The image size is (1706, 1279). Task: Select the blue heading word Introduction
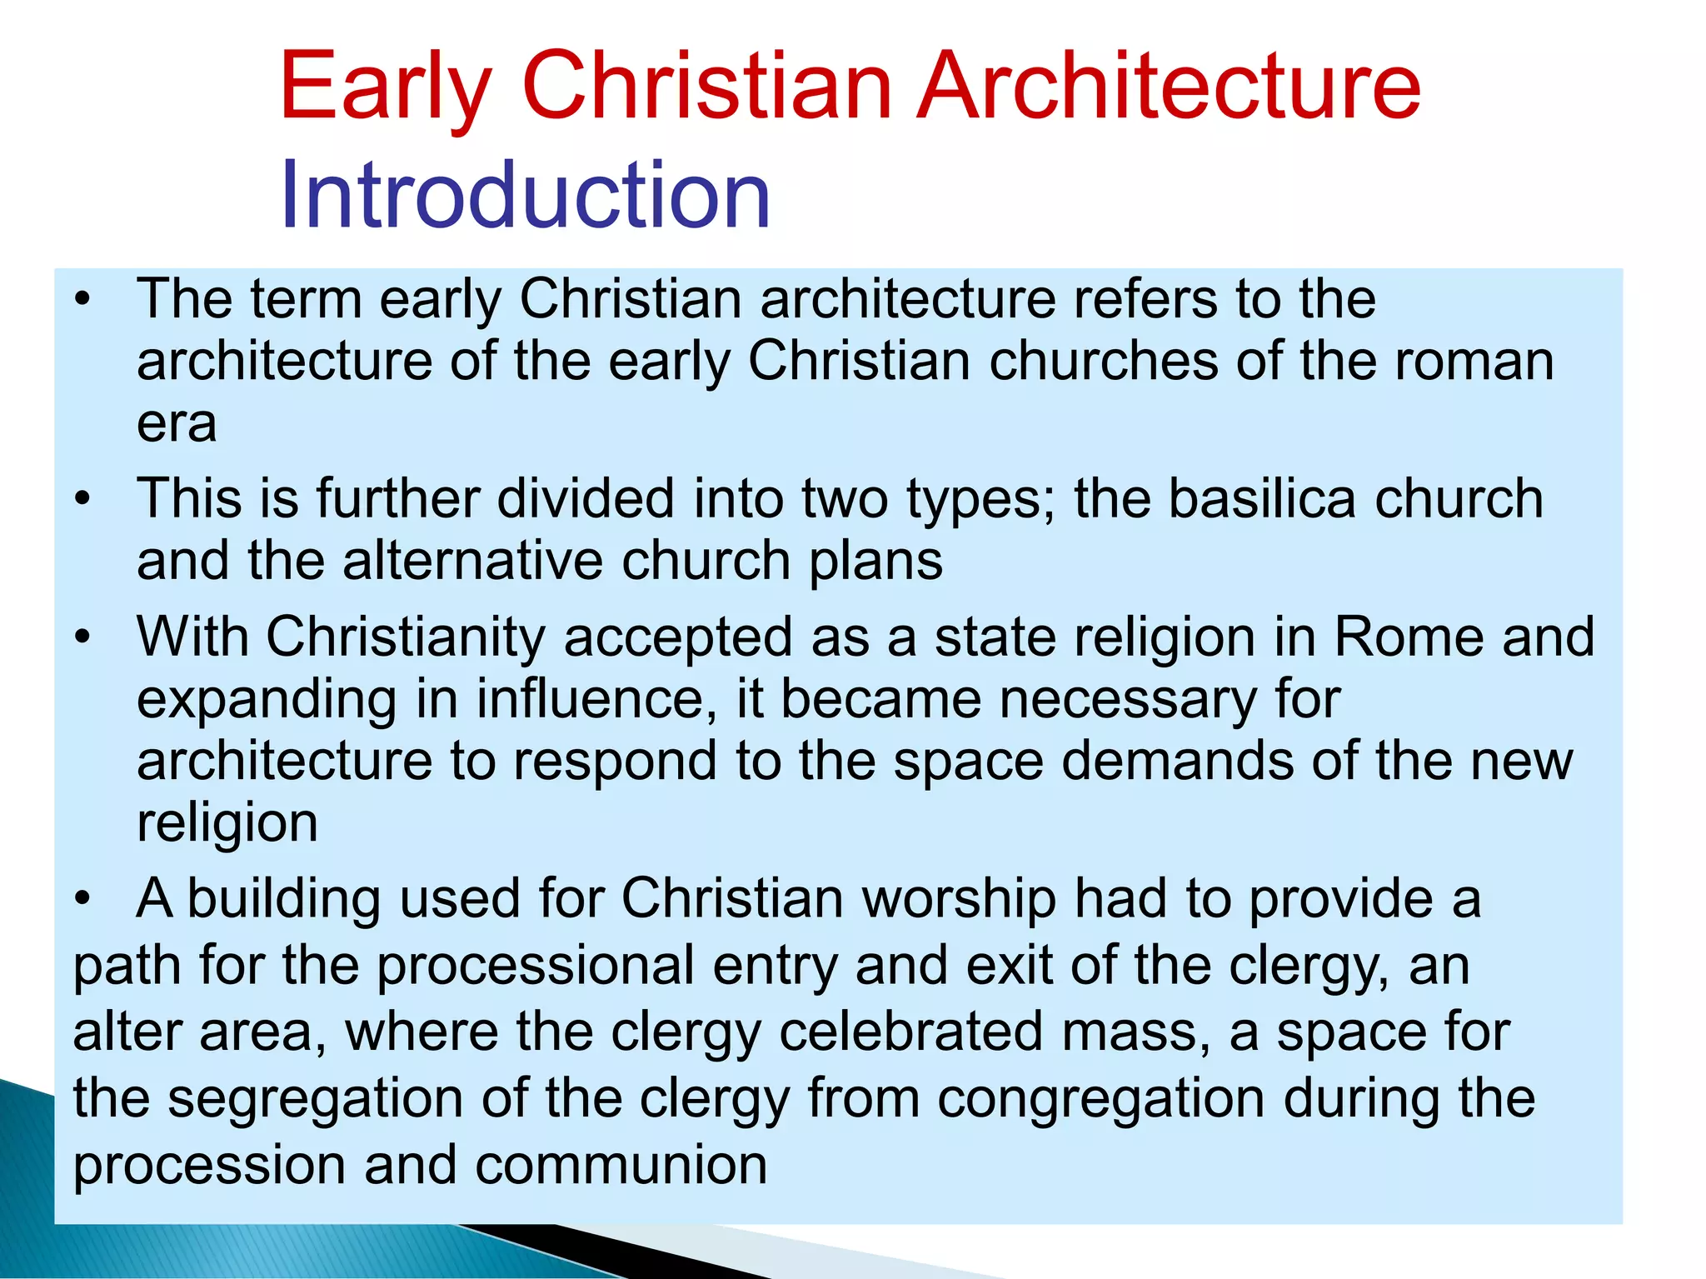[525, 196]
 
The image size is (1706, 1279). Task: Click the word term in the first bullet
[306, 299]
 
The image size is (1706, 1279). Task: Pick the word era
[177, 424]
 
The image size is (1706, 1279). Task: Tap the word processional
[536, 967]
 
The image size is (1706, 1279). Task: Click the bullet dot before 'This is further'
[81, 499]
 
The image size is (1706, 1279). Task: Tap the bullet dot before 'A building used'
[81, 900]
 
